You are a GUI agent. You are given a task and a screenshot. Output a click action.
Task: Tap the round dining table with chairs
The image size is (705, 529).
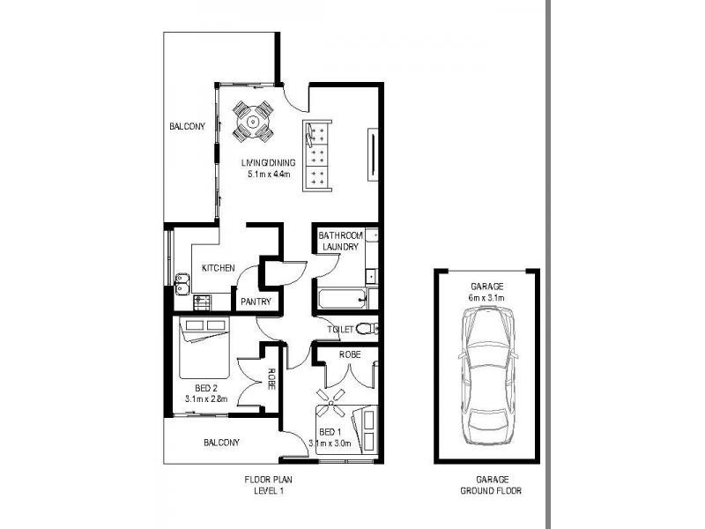254,123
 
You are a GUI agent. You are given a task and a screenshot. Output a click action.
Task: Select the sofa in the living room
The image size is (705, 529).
317,155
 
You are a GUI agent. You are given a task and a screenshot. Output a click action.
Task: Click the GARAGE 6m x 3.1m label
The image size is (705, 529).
486,293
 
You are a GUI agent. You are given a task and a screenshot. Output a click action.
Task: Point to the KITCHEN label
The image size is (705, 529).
217,268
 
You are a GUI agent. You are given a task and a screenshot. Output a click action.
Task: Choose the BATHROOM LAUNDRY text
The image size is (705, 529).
339,242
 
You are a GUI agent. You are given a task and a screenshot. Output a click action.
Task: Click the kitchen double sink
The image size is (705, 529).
183,284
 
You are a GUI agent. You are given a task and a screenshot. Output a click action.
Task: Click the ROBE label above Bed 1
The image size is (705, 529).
345,353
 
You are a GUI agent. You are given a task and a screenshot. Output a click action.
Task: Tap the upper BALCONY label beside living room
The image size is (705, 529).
188,127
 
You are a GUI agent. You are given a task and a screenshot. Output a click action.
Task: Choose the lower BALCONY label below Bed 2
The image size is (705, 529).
221,443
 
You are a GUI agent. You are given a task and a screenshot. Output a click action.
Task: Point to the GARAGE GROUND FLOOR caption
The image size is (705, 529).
486,485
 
